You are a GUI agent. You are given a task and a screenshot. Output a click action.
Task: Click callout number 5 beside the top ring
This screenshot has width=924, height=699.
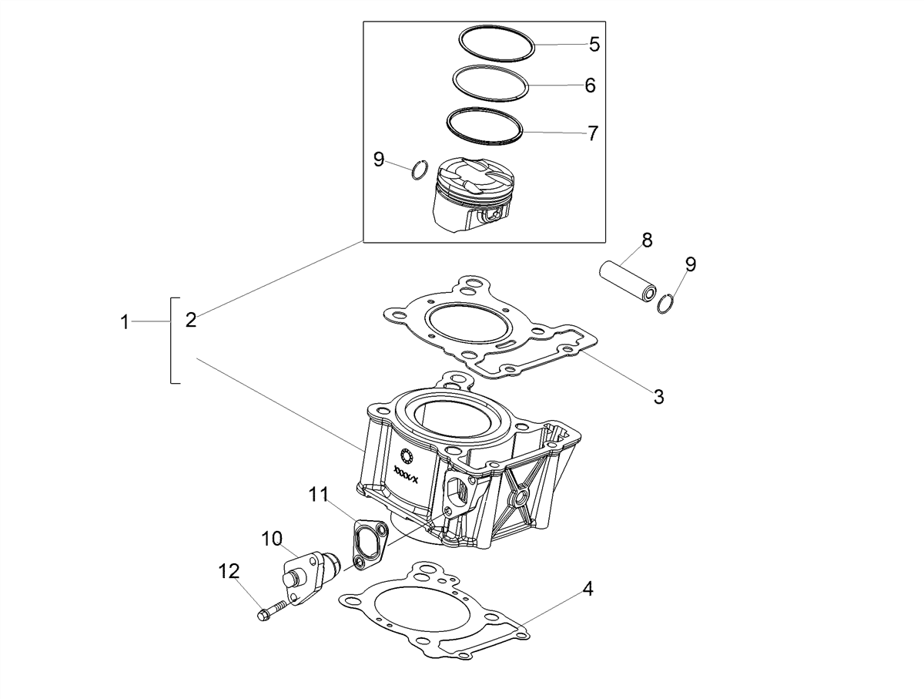(x=594, y=44)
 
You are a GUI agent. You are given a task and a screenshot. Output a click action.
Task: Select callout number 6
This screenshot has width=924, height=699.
(x=590, y=86)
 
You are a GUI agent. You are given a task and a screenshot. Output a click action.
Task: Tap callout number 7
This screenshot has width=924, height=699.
(x=592, y=133)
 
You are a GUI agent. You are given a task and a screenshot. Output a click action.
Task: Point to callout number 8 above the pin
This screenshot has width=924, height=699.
(x=647, y=240)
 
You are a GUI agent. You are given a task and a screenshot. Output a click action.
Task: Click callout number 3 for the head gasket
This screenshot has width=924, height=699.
(x=659, y=396)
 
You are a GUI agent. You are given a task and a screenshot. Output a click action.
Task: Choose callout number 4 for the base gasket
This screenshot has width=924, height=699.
(x=588, y=589)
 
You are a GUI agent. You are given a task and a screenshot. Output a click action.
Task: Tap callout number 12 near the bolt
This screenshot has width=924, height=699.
(x=229, y=571)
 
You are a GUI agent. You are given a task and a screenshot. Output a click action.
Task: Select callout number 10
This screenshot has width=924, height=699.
(x=272, y=539)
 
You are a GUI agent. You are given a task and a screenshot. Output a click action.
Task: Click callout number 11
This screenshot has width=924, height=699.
(x=318, y=494)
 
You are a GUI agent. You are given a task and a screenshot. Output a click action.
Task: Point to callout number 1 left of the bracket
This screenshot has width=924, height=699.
(x=124, y=322)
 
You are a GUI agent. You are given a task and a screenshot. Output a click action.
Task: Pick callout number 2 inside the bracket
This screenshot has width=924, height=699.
(x=191, y=321)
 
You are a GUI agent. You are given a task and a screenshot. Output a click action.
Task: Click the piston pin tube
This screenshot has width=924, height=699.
(x=628, y=281)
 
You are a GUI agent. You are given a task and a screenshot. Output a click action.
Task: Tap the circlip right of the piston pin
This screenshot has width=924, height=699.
(x=666, y=304)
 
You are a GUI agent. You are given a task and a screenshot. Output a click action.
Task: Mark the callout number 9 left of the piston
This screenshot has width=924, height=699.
(x=379, y=160)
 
